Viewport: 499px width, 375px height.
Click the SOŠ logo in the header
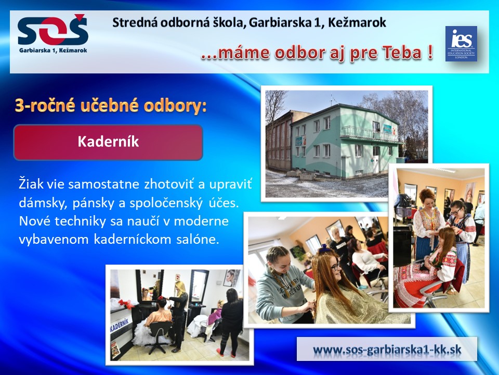[x=52, y=33]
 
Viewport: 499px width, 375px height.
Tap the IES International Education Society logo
[x=461, y=44]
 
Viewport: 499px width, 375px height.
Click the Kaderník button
[x=108, y=142]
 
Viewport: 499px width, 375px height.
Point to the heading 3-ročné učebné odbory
[x=111, y=106]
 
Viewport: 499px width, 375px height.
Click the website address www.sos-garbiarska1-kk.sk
[x=387, y=349]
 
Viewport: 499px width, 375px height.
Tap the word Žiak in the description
[x=31, y=184]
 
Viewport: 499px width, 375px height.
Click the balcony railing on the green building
[x=369, y=133]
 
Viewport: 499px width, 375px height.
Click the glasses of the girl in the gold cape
[x=335, y=266]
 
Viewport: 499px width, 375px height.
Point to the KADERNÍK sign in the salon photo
[x=120, y=325]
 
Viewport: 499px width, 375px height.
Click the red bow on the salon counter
[x=126, y=304]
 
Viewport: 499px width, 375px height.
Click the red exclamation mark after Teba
[x=430, y=52]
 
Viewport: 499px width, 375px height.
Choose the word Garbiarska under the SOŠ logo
[x=34, y=51]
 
